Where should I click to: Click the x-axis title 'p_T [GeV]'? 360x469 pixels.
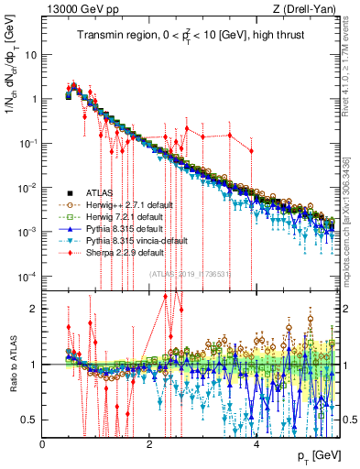[317, 455]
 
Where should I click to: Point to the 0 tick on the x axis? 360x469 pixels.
[43, 442]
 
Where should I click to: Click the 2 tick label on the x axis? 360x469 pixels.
[150, 442]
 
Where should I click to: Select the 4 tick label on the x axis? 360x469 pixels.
[256, 442]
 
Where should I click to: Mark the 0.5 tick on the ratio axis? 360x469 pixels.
[31, 420]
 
